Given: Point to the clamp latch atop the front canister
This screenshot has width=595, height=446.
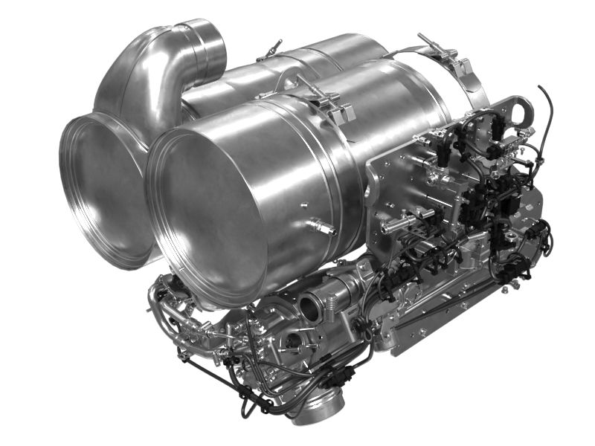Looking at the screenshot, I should tap(327, 100).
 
